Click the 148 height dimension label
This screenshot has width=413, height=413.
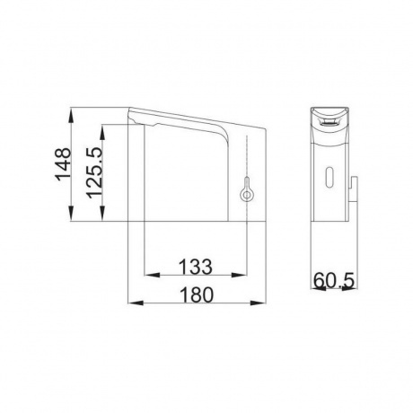click(x=63, y=163)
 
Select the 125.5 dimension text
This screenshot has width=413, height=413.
click(x=94, y=173)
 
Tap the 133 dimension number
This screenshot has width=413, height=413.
click(x=196, y=267)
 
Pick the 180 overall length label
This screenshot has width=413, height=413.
click(x=197, y=294)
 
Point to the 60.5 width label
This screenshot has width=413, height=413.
click(x=334, y=280)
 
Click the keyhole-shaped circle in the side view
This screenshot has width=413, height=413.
click(x=246, y=195)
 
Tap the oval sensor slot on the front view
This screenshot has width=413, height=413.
click(x=329, y=177)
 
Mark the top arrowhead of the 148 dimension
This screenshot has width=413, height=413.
click(x=71, y=115)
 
